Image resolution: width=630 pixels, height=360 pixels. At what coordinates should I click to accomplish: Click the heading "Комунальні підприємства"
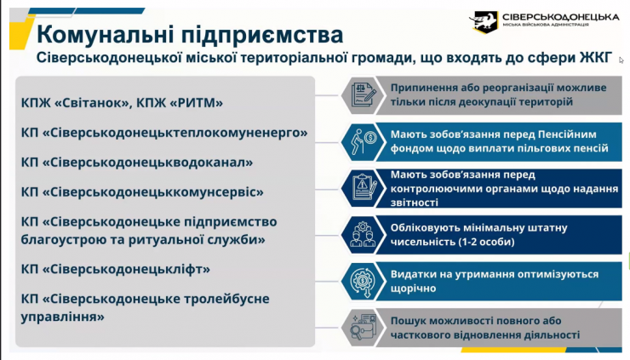[191, 35]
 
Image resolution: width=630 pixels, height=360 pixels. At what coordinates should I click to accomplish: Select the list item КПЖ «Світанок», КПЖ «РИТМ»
[122, 103]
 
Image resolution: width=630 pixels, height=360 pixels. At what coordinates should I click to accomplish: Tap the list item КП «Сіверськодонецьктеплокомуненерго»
[164, 133]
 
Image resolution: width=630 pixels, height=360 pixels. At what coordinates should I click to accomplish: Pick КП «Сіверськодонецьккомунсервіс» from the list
[142, 191]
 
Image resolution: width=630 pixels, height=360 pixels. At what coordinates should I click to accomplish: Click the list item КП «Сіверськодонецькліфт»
[116, 269]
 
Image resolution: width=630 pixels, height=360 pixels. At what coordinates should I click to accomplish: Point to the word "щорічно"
[413, 289]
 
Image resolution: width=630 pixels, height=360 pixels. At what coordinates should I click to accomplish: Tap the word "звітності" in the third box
[415, 203]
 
